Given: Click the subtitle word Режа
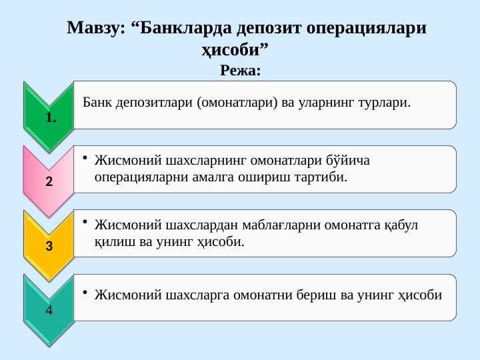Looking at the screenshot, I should tap(239, 69).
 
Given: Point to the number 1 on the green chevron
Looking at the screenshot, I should tap(51, 118).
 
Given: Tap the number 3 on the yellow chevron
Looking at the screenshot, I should tap(49, 246).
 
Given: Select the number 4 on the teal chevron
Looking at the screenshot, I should tap(49, 311).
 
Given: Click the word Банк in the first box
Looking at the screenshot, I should tap(97, 103).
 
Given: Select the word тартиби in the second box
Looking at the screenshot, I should tap(324, 177).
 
